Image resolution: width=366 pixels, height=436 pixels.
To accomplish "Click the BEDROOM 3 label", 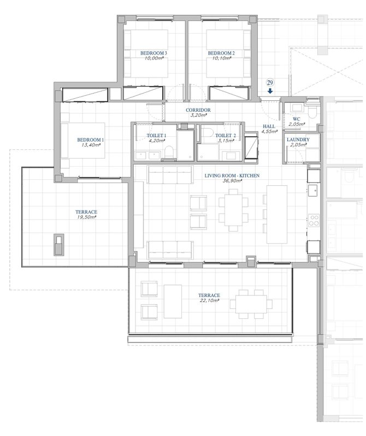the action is pos(154,53).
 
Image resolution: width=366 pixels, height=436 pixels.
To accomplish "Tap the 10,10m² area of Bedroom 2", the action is pos(221,58).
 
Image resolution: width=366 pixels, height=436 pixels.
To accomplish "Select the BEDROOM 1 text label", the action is pos(90,140).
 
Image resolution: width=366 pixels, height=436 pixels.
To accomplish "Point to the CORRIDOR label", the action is pos(198,110).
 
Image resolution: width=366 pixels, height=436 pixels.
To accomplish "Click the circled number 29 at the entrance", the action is pos(270,83).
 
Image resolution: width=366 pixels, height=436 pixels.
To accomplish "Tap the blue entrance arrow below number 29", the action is pos(270,90).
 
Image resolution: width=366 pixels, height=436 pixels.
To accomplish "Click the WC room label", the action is pos(296,119).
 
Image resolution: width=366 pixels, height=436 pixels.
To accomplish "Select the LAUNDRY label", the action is pos(298,140).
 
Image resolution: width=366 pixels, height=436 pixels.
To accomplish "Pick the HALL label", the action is pos(269,126).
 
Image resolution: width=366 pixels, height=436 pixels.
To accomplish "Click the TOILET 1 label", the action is pos(156,135).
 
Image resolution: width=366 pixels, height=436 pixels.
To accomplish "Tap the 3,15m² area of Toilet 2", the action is pos(226,141).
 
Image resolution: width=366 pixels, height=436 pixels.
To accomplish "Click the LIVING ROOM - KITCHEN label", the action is pos(232,175).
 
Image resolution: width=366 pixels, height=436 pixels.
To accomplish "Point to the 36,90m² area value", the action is pos(232,181).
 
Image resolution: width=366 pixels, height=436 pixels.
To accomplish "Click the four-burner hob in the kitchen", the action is pos(314,220).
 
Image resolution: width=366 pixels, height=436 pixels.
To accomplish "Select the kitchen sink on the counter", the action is pos(313,190).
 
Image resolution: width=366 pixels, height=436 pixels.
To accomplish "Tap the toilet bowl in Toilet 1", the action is pos(169,152).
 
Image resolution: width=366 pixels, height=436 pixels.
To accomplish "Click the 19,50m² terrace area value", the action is pos(86,217).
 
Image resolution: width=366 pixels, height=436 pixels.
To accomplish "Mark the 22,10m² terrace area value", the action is pos(209,301).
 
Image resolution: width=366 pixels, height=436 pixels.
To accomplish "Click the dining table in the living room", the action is pos(234,210).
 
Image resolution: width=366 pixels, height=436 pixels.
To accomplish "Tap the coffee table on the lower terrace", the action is pos(173,301).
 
